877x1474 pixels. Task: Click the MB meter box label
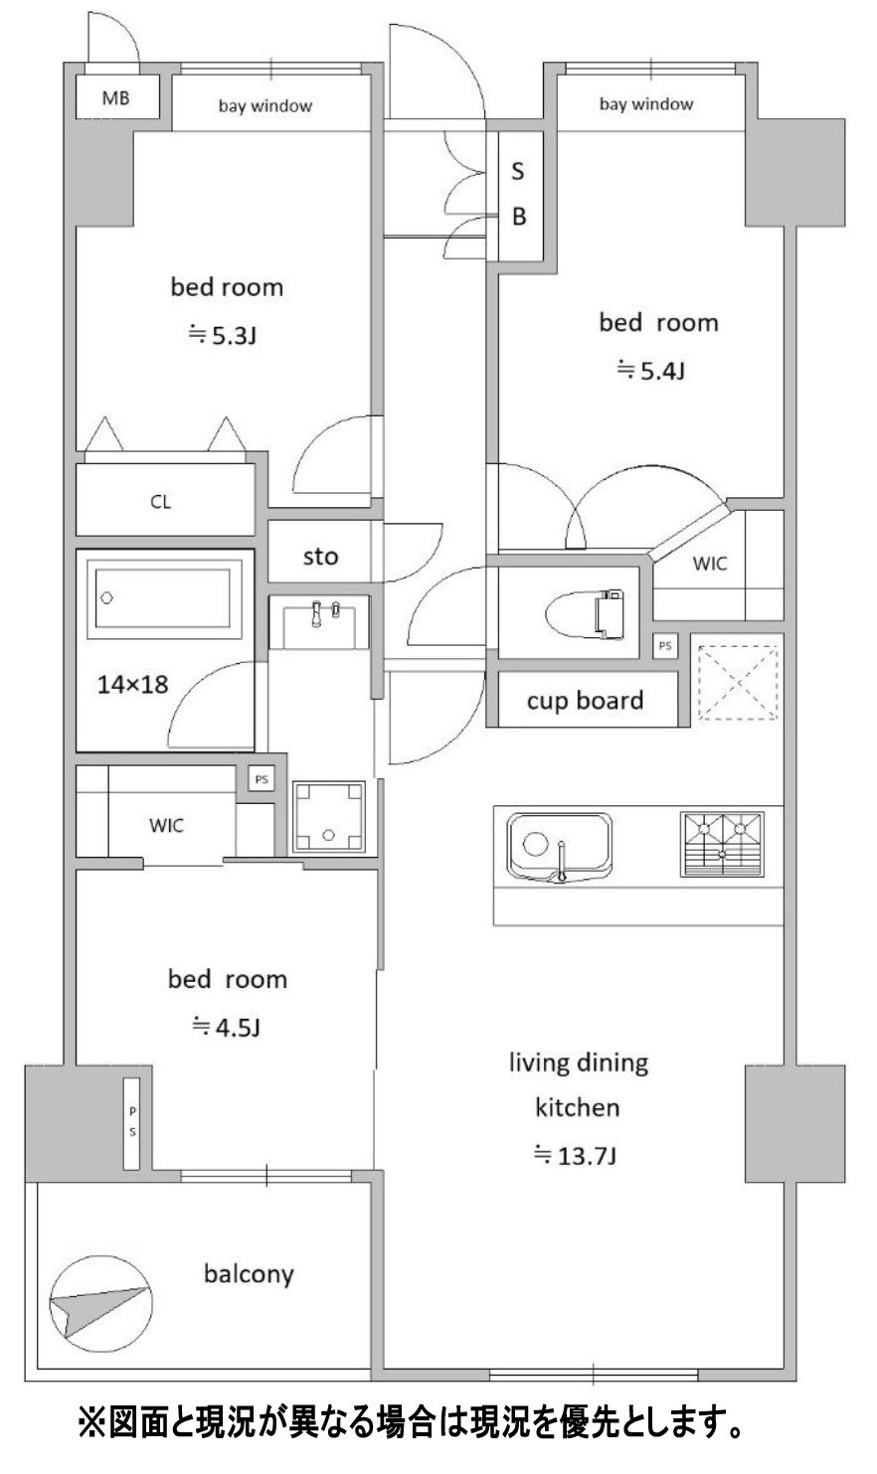tap(116, 98)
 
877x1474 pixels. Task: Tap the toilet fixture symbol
tap(585, 614)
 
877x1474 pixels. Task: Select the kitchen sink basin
tap(560, 848)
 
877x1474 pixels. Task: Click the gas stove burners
tap(722, 845)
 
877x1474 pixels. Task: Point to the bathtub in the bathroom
tap(163, 598)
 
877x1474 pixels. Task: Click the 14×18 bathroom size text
tap(133, 685)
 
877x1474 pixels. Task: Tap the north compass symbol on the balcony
tap(101, 1304)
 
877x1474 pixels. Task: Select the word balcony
tap(249, 1274)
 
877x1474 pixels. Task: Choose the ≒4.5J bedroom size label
tap(226, 1027)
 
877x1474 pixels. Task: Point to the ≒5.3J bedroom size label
tap(222, 336)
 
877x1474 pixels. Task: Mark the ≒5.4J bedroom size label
tap(650, 371)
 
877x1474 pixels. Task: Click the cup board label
tap(585, 700)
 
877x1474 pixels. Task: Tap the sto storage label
tap(320, 557)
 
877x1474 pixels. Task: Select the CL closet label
tap(161, 502)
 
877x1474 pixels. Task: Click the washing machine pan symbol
tap(328, 817)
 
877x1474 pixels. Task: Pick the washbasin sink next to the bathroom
tap(319, 624)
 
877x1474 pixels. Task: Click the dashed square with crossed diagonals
tap(738, 683)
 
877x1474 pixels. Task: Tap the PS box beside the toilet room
tap(665, 645)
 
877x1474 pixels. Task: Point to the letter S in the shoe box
tap(518, 171)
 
